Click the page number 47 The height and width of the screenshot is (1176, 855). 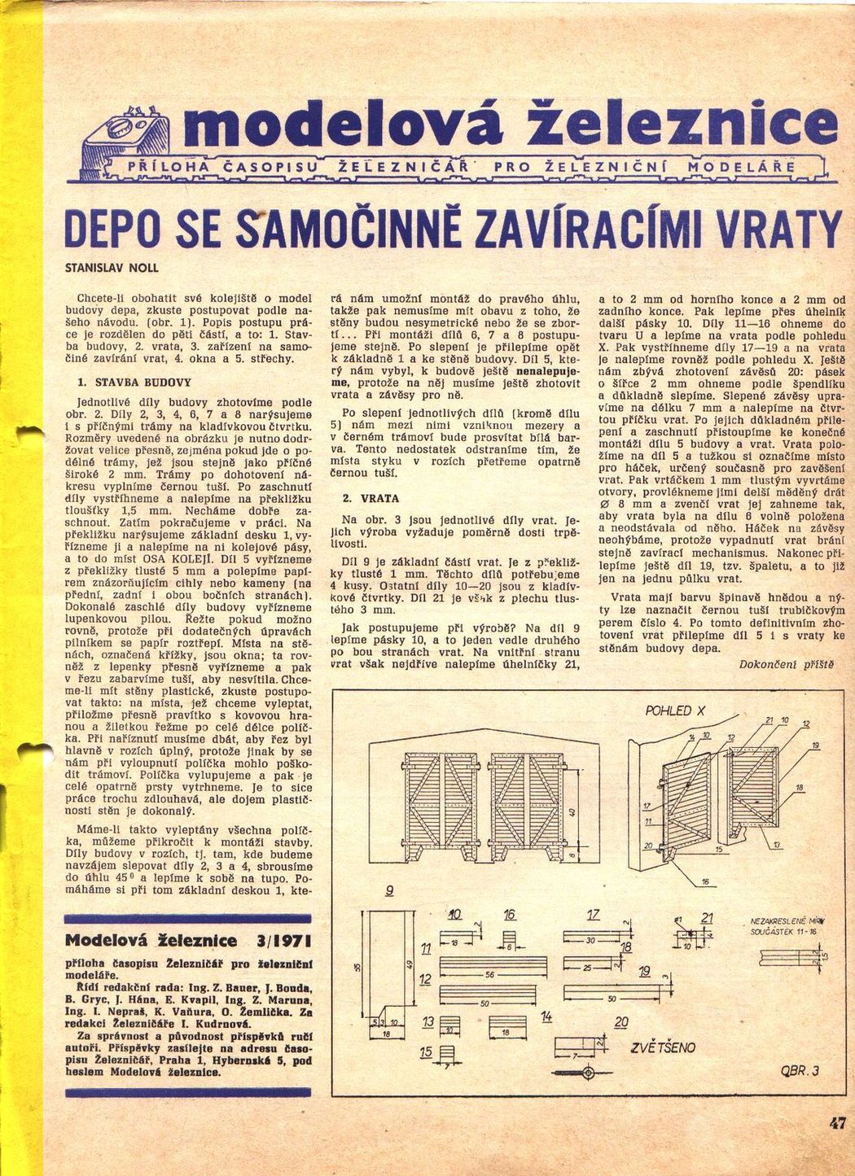(838, 1124)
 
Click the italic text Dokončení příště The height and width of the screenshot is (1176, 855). (787, 664)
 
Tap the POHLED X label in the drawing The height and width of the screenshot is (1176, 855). (669, 711)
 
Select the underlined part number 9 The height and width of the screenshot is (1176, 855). (390, 890)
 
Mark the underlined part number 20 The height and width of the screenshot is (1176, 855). (621, 1022)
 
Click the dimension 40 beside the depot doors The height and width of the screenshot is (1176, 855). (572, 811)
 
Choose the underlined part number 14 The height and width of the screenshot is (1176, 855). (546, 1016)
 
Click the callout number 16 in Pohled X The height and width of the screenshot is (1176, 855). (704, 882)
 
